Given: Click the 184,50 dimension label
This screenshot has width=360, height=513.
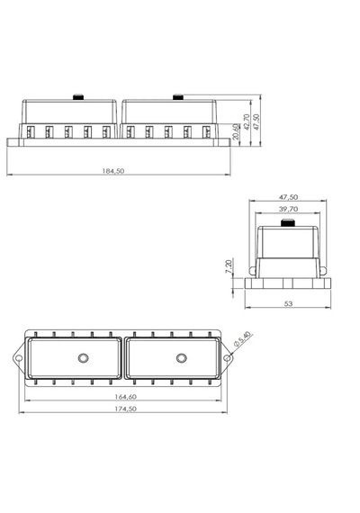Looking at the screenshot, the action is coord(113,171).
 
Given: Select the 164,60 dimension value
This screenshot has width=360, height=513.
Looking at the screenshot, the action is coord(125,397).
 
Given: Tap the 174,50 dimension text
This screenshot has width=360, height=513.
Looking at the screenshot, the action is coord(125,409).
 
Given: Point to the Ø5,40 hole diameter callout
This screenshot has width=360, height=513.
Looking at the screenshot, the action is coord(242,339).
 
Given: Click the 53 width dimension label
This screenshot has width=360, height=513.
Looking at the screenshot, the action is coord(288,304).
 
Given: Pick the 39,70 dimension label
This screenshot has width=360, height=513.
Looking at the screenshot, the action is coord(288,209).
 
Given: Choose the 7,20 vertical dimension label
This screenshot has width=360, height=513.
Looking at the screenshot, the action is coord(229,266).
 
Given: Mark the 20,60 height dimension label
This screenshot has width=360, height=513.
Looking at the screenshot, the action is coord(235,131).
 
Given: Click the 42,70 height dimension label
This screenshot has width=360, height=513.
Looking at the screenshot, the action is coord(247,121).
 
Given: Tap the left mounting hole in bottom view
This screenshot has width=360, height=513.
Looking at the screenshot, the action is coord(19,358).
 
